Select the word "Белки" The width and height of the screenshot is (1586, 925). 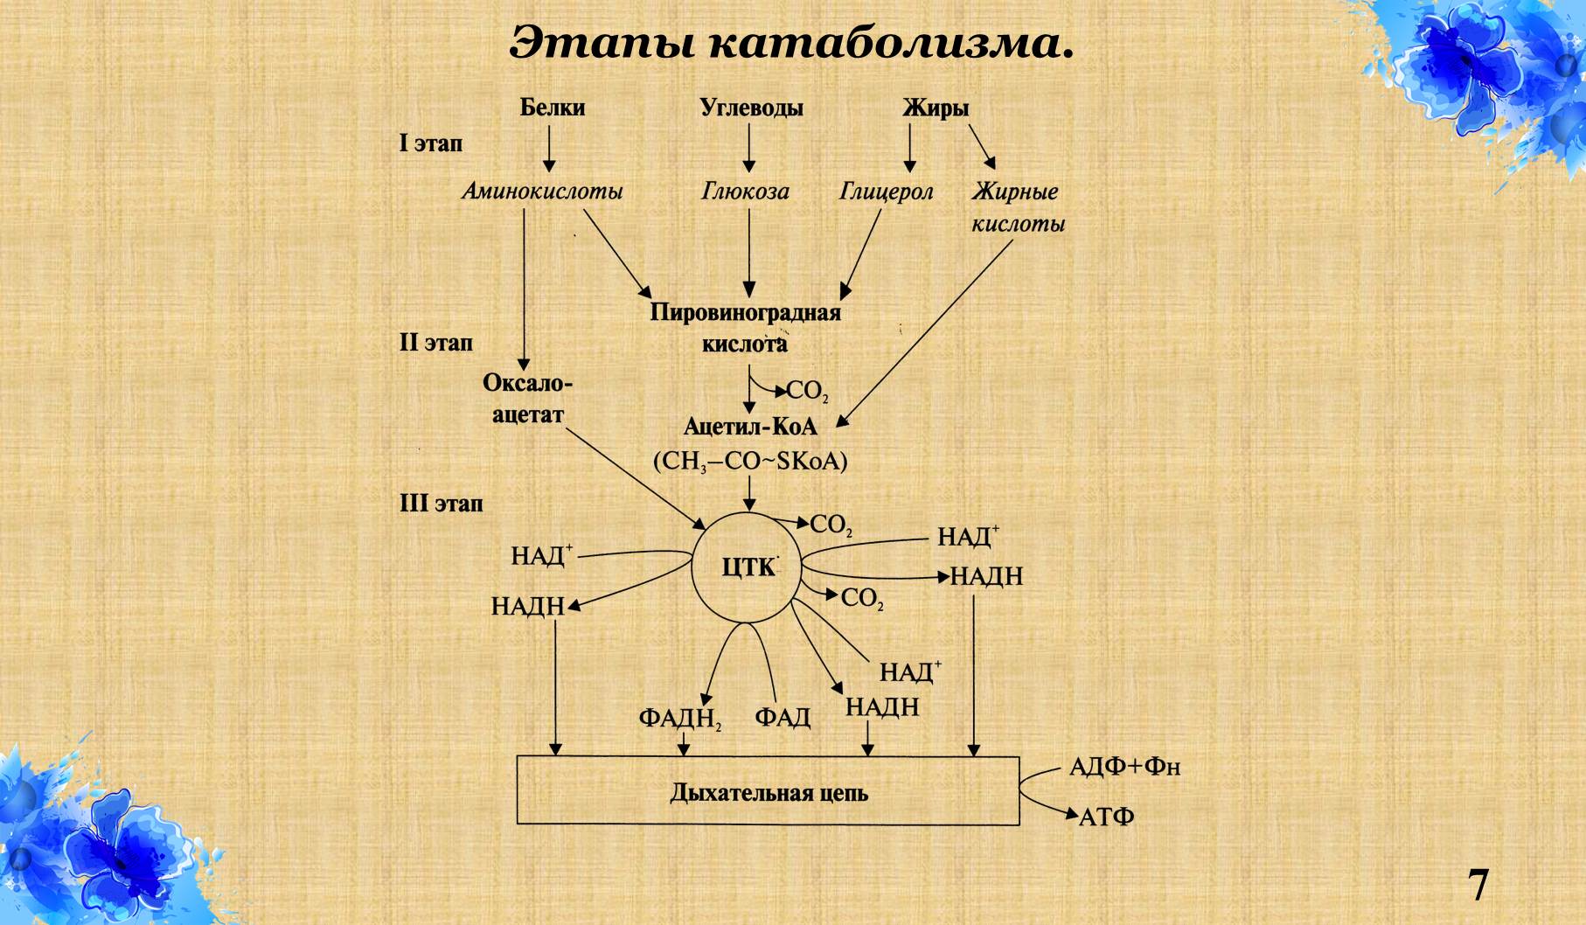(x=552, y=108)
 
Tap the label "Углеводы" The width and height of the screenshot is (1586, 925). (x=751, y=108)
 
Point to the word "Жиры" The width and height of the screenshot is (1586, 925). (x=936, y=108)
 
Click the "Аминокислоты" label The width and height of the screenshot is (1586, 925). (x=542, y=191)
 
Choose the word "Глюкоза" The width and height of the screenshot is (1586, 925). (x=745, y=191)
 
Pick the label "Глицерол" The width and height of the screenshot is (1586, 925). (x=886, y=191)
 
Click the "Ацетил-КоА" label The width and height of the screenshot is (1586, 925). (x=749, y=426)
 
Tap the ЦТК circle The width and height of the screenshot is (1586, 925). (x=748, y=567)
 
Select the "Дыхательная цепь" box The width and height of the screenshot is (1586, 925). (x=768, y=791)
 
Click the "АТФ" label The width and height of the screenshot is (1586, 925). (x=1106, y=817)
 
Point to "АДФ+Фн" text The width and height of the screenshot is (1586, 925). (x=1124, y=768)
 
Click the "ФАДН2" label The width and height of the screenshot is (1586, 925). (x=679, y=719)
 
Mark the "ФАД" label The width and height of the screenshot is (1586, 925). (x=783, y=719)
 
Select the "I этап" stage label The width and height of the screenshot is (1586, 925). (x=431, y=143)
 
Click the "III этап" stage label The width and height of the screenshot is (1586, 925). (x=441, y=504)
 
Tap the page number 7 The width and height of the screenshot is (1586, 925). (x=1477, y=885)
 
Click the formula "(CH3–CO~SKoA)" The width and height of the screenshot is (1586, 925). (x=749, y=461)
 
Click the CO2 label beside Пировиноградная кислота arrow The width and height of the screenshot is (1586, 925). (x=806, y=392)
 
